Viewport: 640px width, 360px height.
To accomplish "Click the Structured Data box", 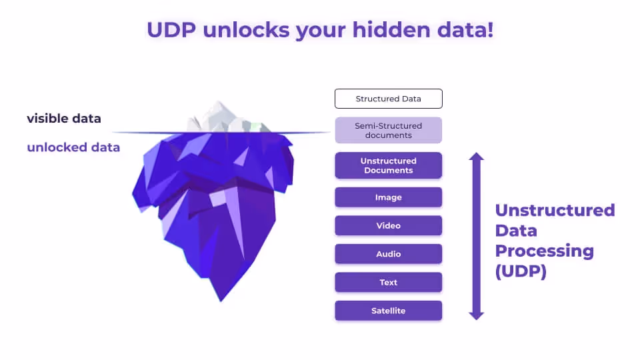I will (x=388, y=99).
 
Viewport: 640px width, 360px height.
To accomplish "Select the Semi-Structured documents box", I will (x=388, y=130).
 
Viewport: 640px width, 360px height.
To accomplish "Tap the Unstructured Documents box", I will (x=388, y=165).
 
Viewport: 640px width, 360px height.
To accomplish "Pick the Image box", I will (x=388, y=197).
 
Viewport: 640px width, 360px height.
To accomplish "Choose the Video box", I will (x=388, y=225).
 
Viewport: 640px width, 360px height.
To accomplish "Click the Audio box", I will (x=388, y=254).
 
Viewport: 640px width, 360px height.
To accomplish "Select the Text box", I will (x=388, y=282).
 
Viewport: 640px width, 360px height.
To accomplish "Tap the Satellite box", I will (x=388, y=311).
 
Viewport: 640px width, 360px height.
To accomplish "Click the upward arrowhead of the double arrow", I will (x=476, y=158).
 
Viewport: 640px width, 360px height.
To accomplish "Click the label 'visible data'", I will (x=64, y=119).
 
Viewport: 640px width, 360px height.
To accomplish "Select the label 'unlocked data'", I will (x=73, y=147).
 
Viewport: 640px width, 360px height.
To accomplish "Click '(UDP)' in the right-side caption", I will (x=521, y=272).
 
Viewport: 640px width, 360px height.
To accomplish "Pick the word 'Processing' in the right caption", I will (x=544, y=251).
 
